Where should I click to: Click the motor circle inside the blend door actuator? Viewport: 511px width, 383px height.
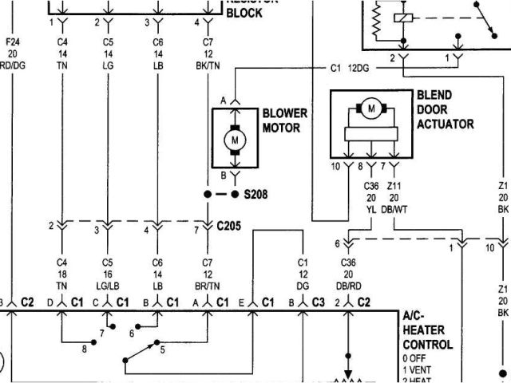370,108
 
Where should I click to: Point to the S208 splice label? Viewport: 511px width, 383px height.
257,194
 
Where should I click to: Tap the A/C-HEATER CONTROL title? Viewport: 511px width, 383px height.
430,332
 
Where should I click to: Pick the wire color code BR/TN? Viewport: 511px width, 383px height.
210,284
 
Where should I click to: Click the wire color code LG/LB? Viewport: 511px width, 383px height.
109,284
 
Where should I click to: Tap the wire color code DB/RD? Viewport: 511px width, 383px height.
348,284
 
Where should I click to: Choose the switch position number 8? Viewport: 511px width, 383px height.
84,348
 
